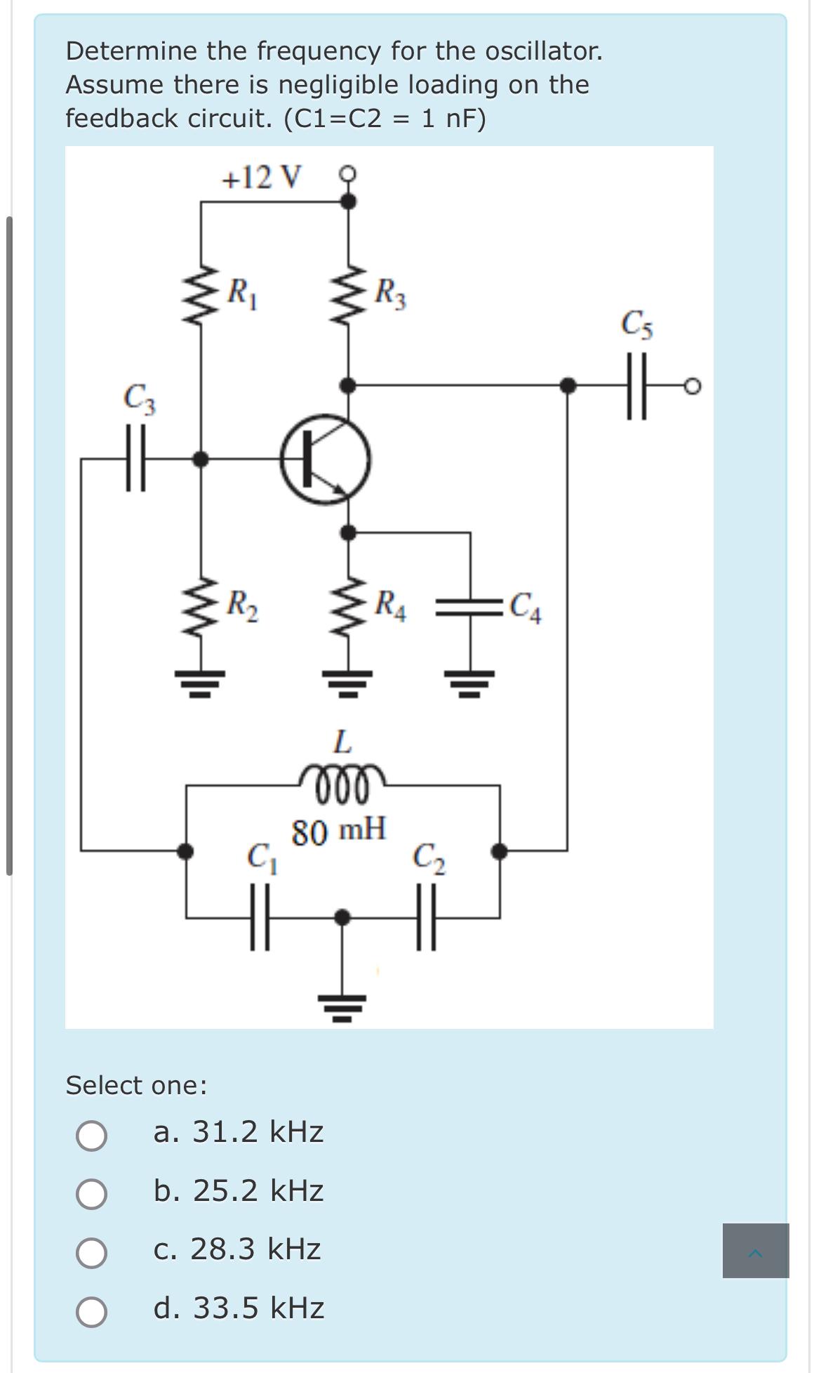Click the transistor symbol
(x=326, y=461)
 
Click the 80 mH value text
(x=339, y=832)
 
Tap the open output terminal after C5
(x=693, y=386)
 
